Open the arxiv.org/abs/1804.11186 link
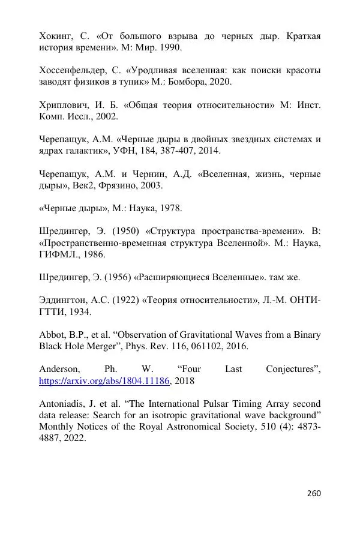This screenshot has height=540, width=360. click(x=105, y=380)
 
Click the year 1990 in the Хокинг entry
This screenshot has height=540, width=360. click(x=169, y=47)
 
